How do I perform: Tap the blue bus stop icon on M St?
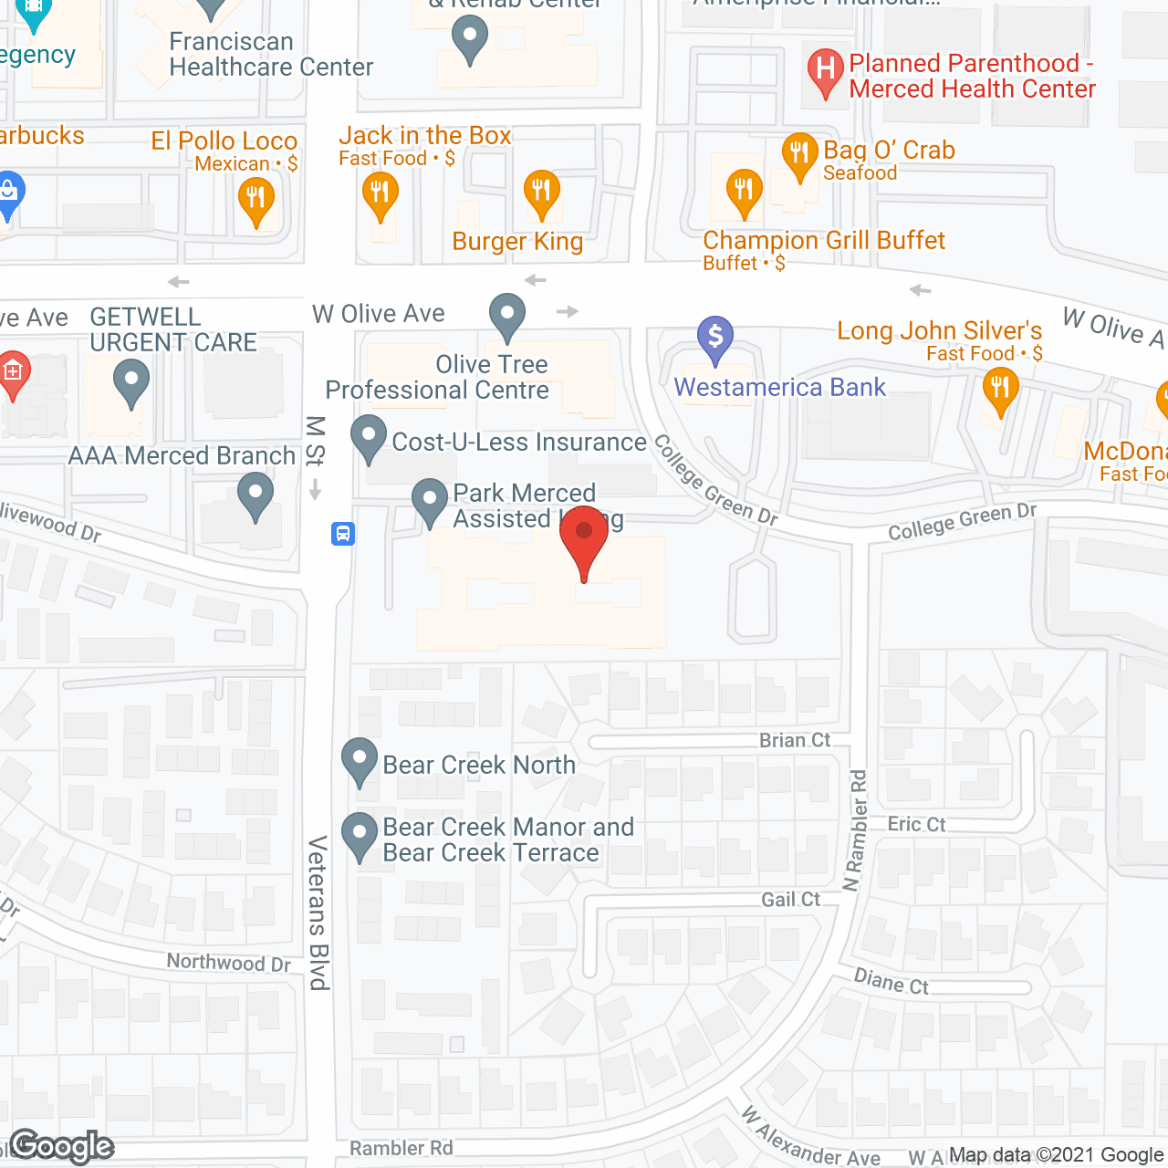343,533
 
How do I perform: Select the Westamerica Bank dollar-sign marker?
715,337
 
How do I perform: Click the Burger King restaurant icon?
541,192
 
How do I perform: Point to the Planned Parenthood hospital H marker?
826,69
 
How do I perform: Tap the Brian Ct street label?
795,740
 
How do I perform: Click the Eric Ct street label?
916,824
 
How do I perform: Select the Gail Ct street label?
790,900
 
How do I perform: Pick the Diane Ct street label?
891,982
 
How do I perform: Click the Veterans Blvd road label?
318,912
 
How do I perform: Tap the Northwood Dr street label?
228,963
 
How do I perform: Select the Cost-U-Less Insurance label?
518,443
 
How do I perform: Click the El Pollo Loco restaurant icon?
255,199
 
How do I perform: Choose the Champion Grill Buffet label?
823,241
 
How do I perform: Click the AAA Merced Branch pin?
255,494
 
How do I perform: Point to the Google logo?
62,1146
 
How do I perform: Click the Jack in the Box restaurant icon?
380,193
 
